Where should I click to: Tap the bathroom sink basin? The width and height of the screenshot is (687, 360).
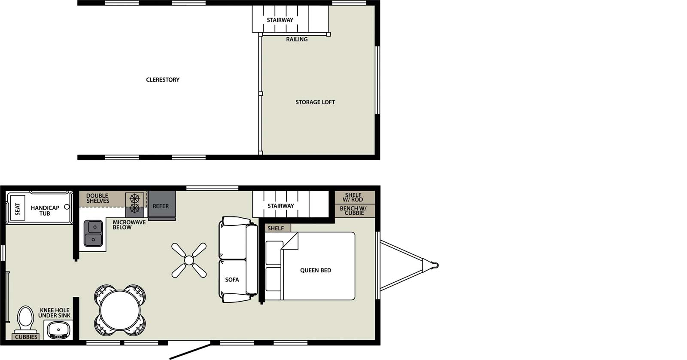tap(58, 331)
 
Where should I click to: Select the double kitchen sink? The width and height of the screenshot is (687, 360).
tap(93, 233)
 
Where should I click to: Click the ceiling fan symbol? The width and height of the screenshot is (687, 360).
tap(189, 260)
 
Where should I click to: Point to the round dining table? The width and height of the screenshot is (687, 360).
tap(120, 310)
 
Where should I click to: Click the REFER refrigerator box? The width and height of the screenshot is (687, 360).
tap(161, 206)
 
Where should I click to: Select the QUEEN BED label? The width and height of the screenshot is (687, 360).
tap(316, 270)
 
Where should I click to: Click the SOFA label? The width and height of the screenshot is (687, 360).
tap(232, 280)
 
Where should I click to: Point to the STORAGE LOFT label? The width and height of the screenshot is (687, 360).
tap(315, 102)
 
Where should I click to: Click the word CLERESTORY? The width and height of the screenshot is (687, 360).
tap(163, 79)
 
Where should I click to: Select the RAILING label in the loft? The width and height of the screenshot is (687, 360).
tap(297, 40)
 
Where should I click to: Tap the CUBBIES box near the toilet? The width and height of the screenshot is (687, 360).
tap(26, 337)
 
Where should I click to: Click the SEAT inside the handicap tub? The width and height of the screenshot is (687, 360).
tap(18, 209)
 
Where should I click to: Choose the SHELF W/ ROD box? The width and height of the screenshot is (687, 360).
tap(354, 197)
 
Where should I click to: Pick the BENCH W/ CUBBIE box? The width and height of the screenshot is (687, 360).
tap(354, 211)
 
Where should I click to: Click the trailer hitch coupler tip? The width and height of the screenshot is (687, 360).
tap(436, 265)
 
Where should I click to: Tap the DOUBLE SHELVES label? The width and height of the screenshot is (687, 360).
tap(98, 198)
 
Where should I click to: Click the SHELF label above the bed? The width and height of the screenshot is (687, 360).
tap(276, 228)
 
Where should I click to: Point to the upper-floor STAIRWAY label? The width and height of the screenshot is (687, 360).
tap(280, 20)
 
